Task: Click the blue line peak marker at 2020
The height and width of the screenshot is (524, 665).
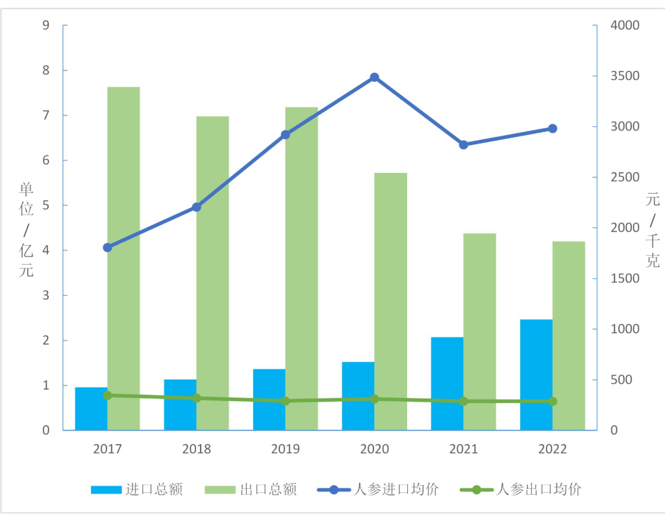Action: [x=375, y=77]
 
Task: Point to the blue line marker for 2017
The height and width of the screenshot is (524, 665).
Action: [x=108, y=248]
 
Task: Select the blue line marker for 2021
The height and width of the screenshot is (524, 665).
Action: [x=464, y=145]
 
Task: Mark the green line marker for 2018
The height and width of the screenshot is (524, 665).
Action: [x=197, y=398]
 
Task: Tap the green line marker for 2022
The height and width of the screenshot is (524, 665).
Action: [x=553, y=401]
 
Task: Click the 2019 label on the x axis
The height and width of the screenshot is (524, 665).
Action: [x=285, y=449]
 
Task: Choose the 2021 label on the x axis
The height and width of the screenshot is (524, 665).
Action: [x=464, y=449]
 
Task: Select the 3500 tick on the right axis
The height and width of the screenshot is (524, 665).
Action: [x=625, y=76]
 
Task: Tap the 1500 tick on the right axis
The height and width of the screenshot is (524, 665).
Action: [x=625, y=278]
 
